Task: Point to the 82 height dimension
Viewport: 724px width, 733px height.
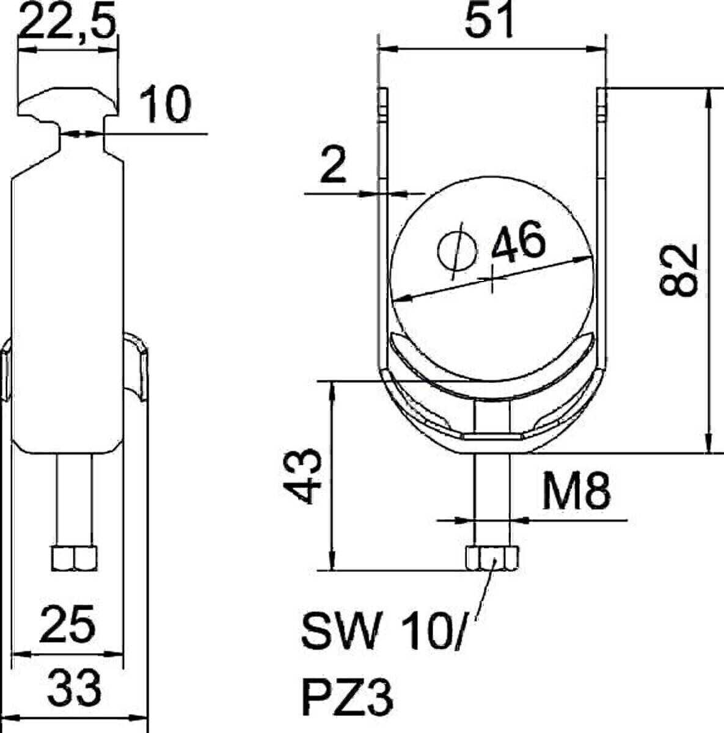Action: click(680, 271)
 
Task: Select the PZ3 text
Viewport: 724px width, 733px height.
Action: click(347, 696)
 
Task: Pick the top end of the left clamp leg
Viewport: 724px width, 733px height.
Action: click(382, 98)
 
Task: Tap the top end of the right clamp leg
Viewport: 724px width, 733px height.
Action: click(601, 98)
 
